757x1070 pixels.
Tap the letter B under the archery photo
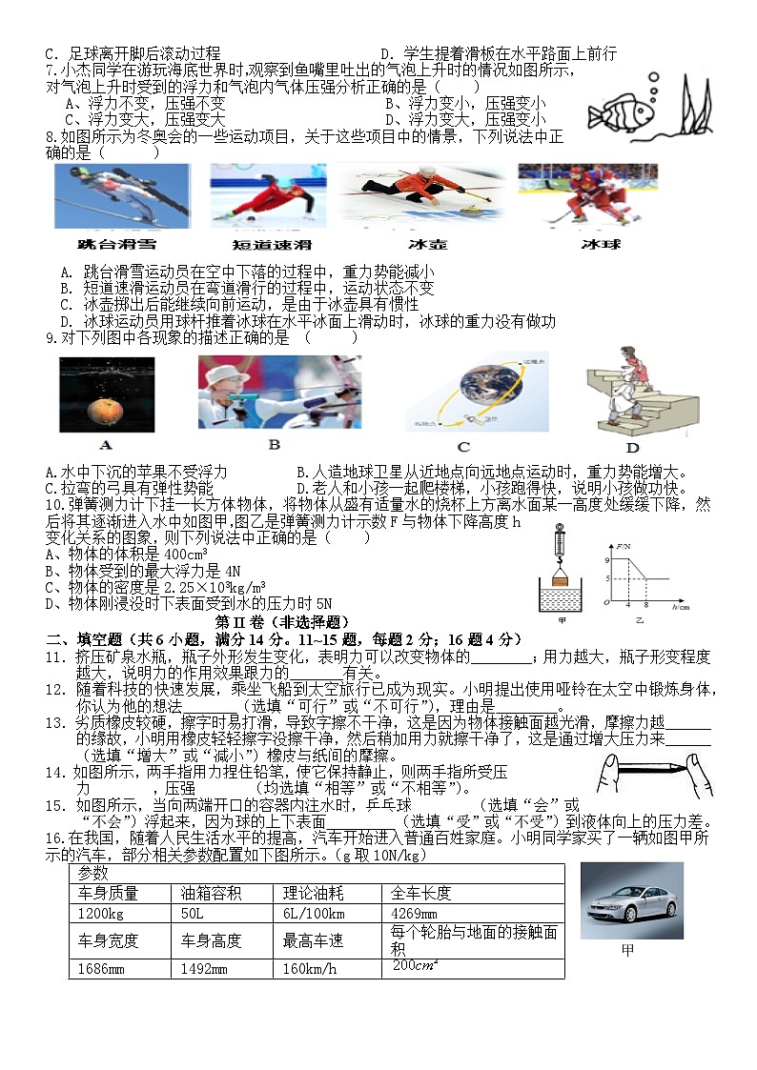274,444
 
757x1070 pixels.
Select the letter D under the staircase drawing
631,449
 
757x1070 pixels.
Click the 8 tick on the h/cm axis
645,606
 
